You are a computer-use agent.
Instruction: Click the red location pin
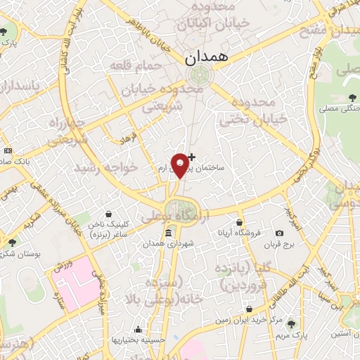coord(181,164)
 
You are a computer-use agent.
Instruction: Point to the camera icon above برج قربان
coord(279,233)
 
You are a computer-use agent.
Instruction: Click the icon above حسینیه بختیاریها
coord(139,329)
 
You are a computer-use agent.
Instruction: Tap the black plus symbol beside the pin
coord(192,156)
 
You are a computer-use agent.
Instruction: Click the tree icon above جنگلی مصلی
coord(351,97)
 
